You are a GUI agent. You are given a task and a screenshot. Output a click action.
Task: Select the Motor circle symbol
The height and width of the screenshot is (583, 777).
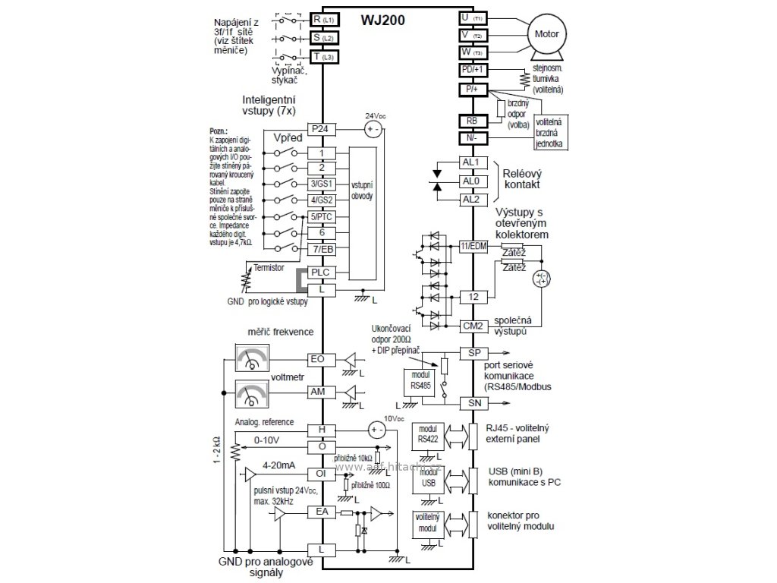click(547, 34)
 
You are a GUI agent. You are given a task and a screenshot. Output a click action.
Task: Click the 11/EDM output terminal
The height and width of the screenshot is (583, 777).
click(473, 246)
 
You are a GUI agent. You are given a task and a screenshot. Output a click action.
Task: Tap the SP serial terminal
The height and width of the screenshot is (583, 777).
click(473, 354)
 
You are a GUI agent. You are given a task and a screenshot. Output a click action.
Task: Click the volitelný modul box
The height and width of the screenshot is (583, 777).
click(427, 522)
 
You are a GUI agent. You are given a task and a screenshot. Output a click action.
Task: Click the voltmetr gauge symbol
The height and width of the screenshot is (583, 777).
click(253, 395)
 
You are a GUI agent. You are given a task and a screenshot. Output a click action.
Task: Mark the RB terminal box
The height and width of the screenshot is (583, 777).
click(473, 120)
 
